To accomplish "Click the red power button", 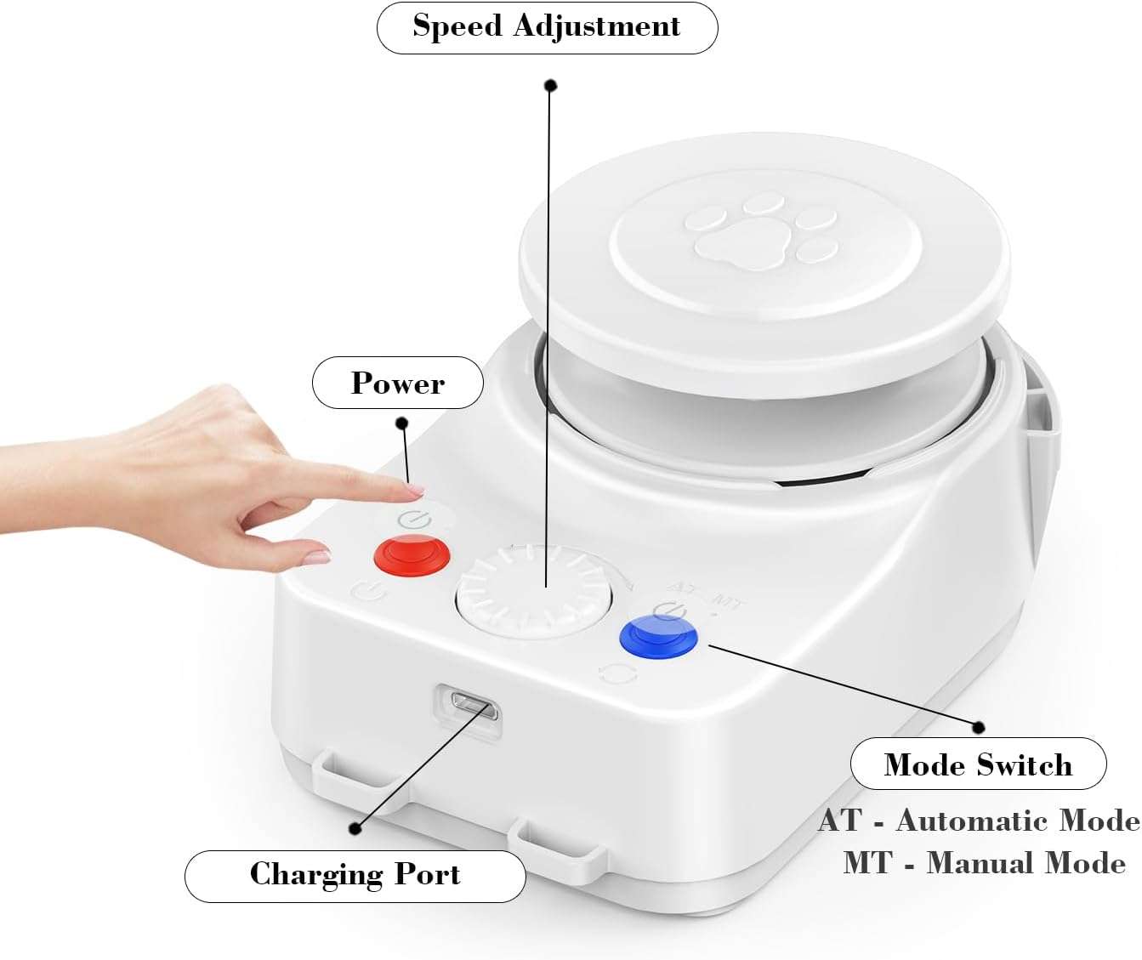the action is tap(412, 554).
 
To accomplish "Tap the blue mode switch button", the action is tap(658, 637).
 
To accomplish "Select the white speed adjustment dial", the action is tap(533, 592).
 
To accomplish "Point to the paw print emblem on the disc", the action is tap(761, 231).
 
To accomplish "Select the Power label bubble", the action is tap(398, 383).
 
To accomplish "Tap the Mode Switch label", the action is tap(979, 764).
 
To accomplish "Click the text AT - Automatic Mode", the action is tap(979, 821).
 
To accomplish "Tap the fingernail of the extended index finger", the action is tap(416, 490).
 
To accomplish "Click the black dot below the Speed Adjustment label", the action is tap(551, 85).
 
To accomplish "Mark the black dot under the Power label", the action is tap(402, 423).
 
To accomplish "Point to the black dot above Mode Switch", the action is tap(979, 727).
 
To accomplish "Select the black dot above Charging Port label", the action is tap(355, 828).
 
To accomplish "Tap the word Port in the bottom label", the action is tap(427, 874).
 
